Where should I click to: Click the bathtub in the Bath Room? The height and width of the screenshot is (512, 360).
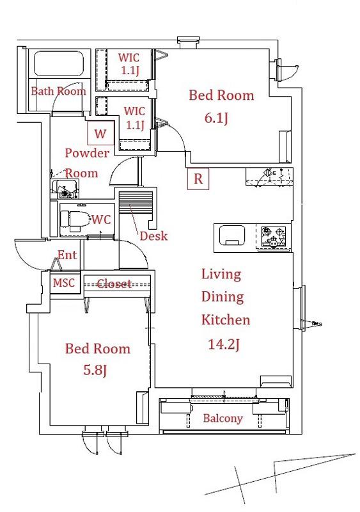pyautogui.click(x=59, y=64)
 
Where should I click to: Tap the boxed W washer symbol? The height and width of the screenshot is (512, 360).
pyautogui.click(x=100, y=133)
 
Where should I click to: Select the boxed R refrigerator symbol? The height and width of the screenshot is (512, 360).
pyautogui.click(x=198, y=179)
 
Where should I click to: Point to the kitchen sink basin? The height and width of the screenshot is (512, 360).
pyautogui.click(x=231, y=235)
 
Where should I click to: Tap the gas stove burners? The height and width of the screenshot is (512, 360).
pyautogui.click(x=274, y=236)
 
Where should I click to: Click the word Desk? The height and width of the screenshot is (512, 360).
pyautogui.click(x=153, y=236)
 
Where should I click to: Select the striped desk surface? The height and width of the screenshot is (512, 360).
pyautogui.click(x=136, y=202)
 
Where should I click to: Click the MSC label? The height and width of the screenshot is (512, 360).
pyautogui.click(x=64, y=282)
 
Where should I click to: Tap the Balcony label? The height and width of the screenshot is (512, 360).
pyautogui.click(x=223, y=419)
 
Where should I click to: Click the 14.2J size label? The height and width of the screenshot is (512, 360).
pyautogui.click(x=224, y=344)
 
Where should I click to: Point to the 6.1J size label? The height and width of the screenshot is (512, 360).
pyautogui.click(x=216, y=118)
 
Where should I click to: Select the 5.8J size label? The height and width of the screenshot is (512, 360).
pyautogui.click(x=95, y=370)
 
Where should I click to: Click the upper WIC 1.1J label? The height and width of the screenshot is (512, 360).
pyautogui.click(x=129, y=63)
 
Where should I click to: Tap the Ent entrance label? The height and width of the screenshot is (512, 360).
pyautogui.click(x=67, y=255)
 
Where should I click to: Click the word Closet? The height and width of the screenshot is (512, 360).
pyautogui.click(x=114, y=284)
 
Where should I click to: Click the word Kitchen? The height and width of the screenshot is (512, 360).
pyautogui.click(x=226, y=319)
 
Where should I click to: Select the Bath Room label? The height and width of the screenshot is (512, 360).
pyautogui.click(x=59, y=91)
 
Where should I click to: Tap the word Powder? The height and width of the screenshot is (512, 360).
pyautogui.click(x=87, y=153)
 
